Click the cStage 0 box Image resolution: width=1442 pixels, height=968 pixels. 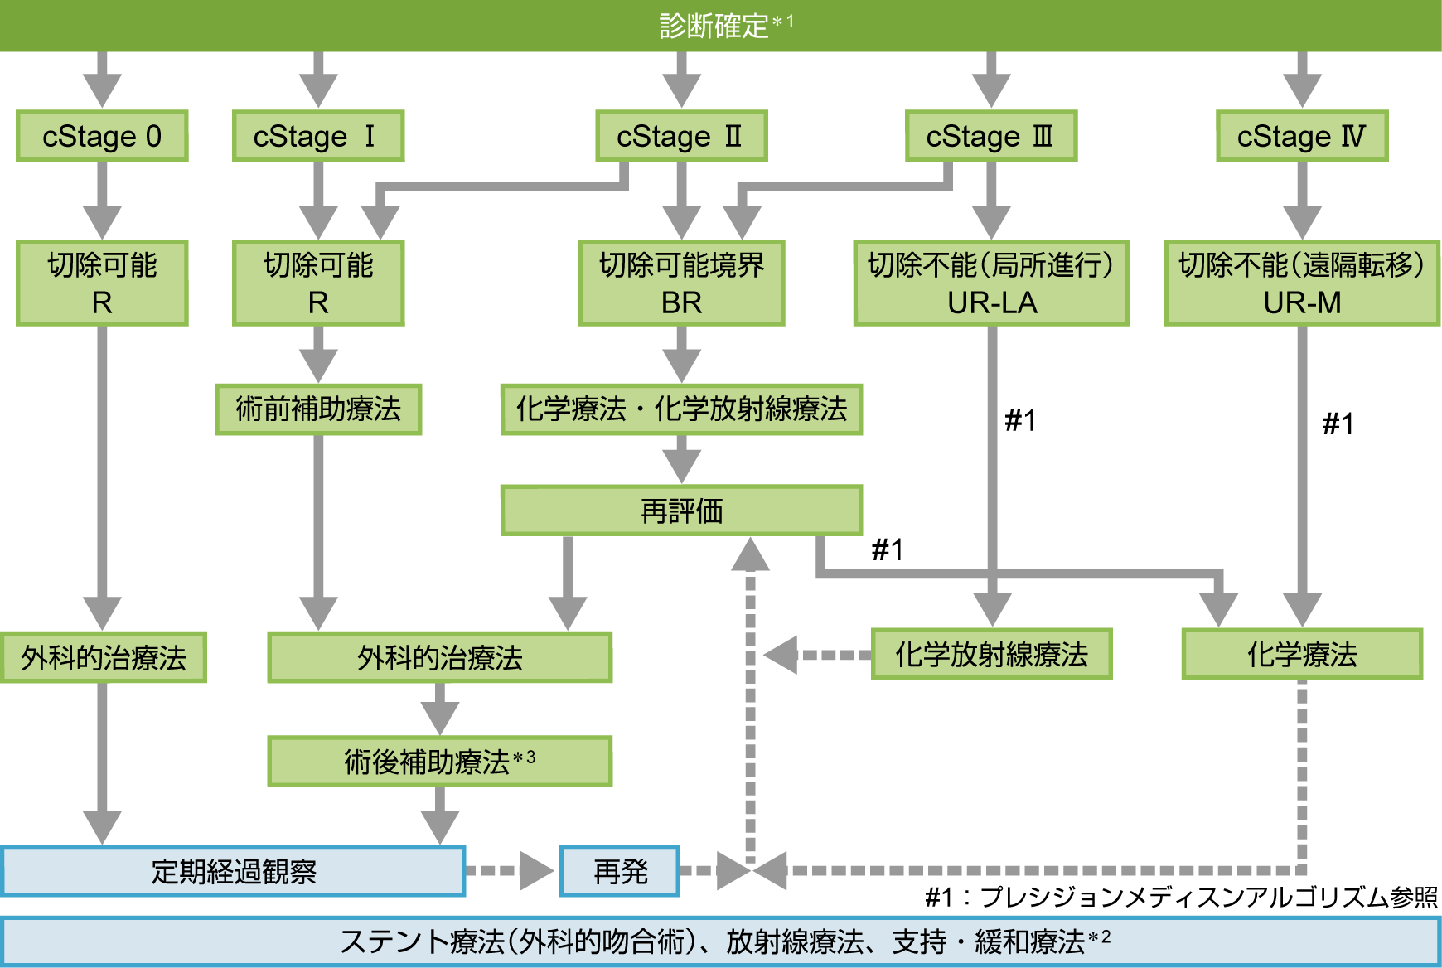tap(102, 136)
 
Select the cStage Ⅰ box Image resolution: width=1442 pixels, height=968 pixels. tap(318, 136)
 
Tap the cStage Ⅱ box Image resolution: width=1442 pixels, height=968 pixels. tap(681, 136)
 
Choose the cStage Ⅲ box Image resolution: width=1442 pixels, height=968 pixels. tap(990, 136)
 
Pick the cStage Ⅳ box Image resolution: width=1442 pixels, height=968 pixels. tap(1302, 136)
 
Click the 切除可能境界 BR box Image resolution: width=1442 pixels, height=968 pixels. tap(681, 283)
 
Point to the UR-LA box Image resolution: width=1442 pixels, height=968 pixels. tap(991, 283)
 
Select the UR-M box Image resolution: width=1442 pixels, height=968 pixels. tap(1302, 283)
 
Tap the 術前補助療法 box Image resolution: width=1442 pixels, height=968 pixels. tap(318, 409)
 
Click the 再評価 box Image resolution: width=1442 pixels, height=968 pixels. tap(681, 511)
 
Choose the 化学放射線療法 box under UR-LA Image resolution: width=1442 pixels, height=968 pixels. tap(991, 655)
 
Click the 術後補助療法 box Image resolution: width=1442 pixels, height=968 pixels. tap(439, 761)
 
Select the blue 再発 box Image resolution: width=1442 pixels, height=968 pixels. tap(620, 871)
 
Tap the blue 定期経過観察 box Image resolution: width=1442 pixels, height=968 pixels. tap(234, 871)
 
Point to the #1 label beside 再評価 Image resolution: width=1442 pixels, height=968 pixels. tap(887, 550)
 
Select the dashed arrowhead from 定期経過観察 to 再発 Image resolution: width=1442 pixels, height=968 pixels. tap(537, 871)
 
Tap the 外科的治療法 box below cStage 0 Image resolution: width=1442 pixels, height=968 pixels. tap(103, 658)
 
